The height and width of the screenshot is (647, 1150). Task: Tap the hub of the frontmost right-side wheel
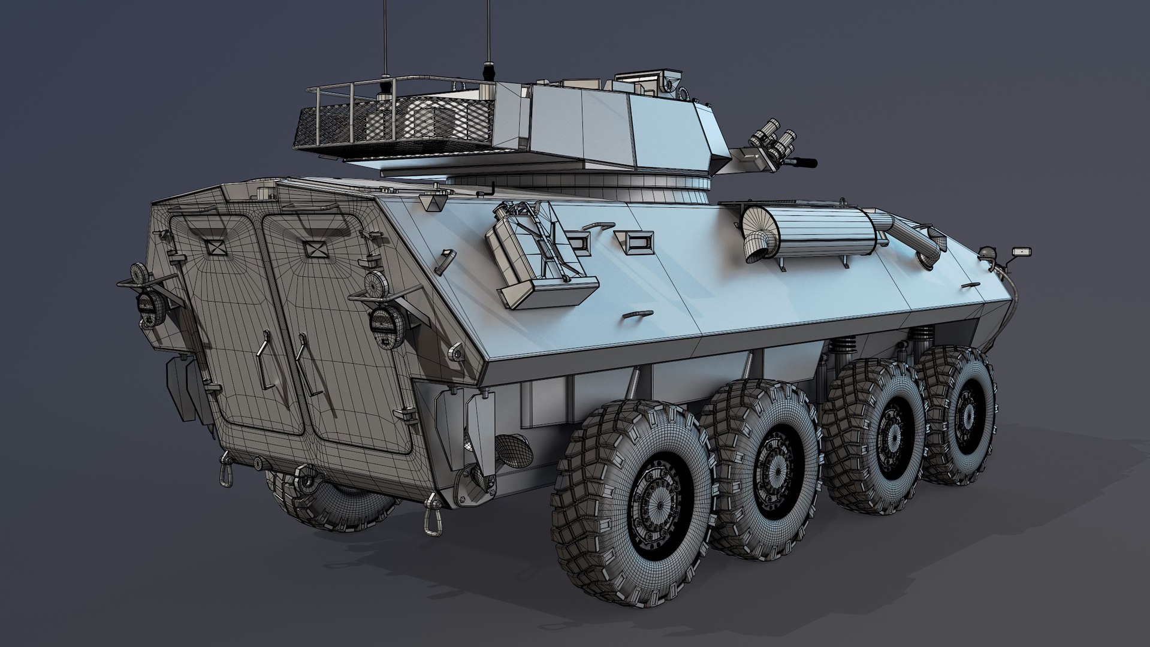(965, 413)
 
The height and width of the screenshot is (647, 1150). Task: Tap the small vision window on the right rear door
(313, 247)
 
